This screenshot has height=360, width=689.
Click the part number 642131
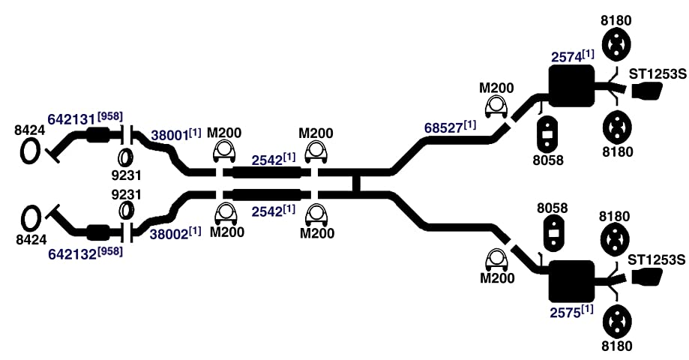(71, 119)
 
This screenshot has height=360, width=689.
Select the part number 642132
(72, 254)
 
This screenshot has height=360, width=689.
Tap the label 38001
(169, 135)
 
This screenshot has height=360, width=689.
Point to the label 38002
(169, 234)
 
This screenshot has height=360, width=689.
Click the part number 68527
(443, 127)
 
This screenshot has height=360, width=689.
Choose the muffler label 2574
(566, 57)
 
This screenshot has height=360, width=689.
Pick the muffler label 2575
(565, 313)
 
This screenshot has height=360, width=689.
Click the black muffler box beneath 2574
(571, 86)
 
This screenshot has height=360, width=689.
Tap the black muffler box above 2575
(571, 281)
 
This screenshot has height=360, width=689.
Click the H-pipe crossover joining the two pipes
(356, 182)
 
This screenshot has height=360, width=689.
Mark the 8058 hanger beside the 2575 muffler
(553, 232)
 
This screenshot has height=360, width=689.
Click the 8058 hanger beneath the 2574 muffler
(547, 133)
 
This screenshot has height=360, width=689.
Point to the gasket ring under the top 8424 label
(31, 151)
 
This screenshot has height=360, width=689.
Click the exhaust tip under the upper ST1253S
(647, 91)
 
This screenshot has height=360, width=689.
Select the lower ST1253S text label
(657, 260)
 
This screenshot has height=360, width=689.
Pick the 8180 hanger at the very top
(616, 44)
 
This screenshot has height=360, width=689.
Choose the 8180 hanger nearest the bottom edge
(616, 322)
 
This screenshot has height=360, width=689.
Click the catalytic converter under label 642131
(97, 134)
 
